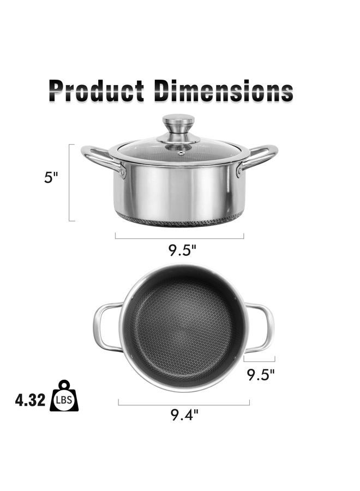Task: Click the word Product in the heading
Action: tap(97, 91)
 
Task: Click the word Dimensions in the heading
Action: tap(224, 91)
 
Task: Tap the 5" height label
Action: tap(51, 177)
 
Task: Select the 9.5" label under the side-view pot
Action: tap(182, 250)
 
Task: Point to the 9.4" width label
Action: tap(184, 415)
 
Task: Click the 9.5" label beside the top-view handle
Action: tap(260, 374)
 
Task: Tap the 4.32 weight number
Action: tap(30, 400)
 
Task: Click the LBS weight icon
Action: tap(64, 396)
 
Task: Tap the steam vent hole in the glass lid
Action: tap(181, 153)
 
